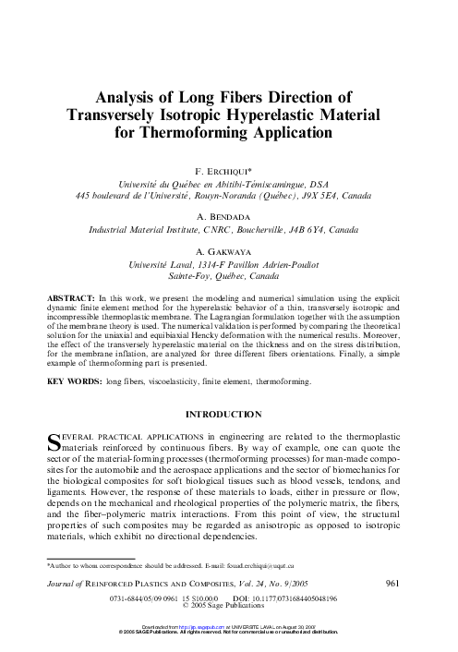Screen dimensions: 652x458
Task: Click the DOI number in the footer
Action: [x=296, y=598]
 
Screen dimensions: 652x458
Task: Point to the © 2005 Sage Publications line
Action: [x=230, y=606]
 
